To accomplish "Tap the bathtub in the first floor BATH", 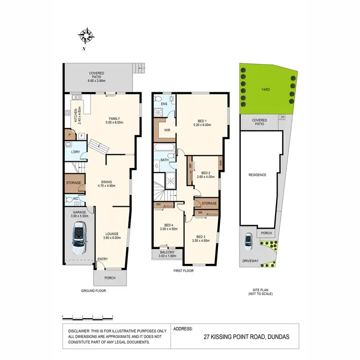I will click(x=165, y=148).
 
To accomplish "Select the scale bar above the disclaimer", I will click(x=87, y=316).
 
